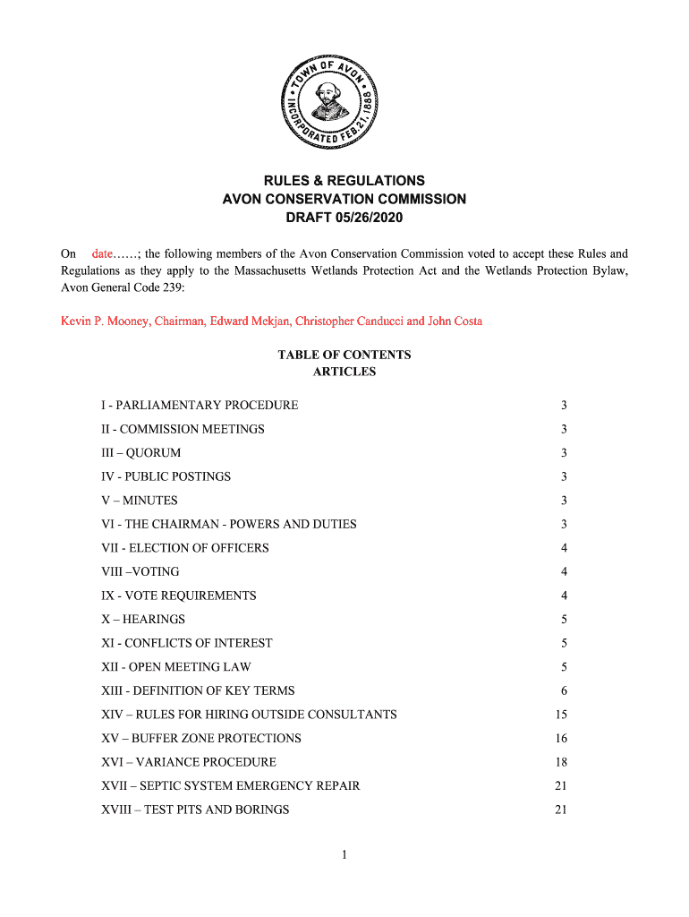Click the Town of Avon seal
point(330,100)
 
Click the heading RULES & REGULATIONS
point(344,180)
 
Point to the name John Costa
point(455,321)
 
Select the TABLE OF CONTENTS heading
point(344,355)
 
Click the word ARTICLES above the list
point(344,372)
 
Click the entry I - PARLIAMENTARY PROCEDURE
point(200,406)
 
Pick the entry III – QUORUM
point(141,453)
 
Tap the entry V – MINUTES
point(140,501)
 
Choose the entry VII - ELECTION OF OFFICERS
point(185,548)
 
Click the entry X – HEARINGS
point(143,620)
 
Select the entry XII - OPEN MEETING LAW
point(176,667)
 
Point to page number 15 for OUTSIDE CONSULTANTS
point(561,715)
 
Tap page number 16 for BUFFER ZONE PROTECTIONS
point(561,739)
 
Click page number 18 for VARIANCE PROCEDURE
point(561,762)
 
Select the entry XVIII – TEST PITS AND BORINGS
point(196,810)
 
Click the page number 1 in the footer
point(344,855)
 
